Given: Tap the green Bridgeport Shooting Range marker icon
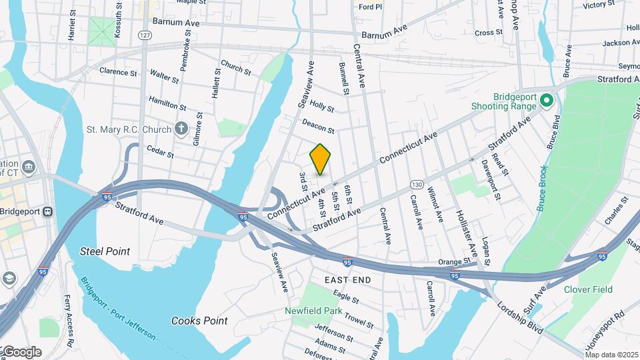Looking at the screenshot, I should pyautogui.click(x=547, y=101).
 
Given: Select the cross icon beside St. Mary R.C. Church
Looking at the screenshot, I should pyautogui.click(x=181, y=129).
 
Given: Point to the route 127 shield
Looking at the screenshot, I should pyautogui.click(x=145, y=35).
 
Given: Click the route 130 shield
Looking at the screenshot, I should pyautogui.click(x=417, y=184).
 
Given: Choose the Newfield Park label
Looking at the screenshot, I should pyautogui.click(x=313, y=311).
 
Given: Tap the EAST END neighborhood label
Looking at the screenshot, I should pyautogui.click(x=347, y=280).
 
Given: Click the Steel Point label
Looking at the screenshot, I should pyautogui.click(x=105, y=251).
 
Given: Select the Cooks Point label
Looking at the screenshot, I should pyautogui.click(x=199, y=321).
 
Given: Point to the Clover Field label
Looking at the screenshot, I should pyautogui.click(x=587, y=289).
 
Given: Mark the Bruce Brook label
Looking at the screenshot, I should pyautogui.click(x=543, y=189).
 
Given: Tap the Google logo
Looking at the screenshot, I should pyautogui.click(x=21, y=351).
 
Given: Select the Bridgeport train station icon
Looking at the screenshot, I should pyautogui.click(x=47, y=212).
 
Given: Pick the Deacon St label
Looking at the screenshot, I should pyautogui.click(x=318, y=125).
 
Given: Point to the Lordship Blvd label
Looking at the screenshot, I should pyautogui.click(x=521, y=317).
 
